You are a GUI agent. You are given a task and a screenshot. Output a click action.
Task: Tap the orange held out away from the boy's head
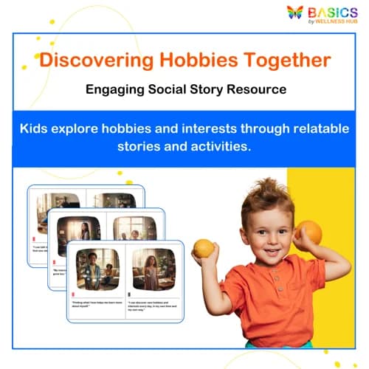pos(204,249)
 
